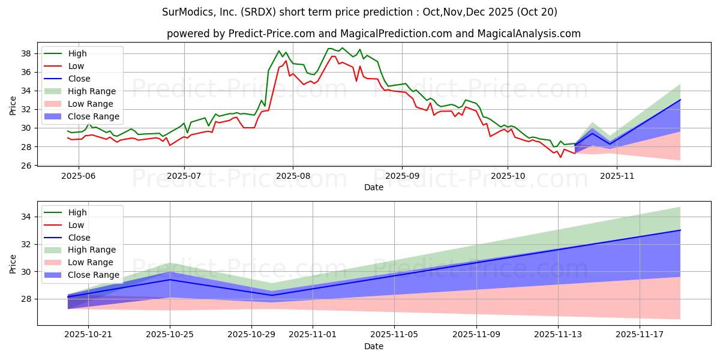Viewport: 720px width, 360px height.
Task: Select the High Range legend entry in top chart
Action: point(92,91)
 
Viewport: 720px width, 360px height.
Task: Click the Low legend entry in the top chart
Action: point(76,66)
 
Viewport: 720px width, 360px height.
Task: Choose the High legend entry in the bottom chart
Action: point(77,212)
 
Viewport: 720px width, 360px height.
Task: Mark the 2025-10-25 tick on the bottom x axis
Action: point(170,335)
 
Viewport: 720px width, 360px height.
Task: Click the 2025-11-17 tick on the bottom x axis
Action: point(640,335)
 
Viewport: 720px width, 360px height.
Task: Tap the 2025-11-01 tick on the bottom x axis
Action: point(313,335)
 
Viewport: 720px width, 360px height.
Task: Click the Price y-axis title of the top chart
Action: point(13,106)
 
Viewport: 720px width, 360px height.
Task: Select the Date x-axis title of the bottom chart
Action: point(374,347)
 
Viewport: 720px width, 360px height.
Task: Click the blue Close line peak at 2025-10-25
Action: point(170,280)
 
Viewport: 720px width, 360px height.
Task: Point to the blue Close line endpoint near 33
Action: point(680,230)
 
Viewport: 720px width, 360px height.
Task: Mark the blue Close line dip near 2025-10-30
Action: point(272,295)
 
